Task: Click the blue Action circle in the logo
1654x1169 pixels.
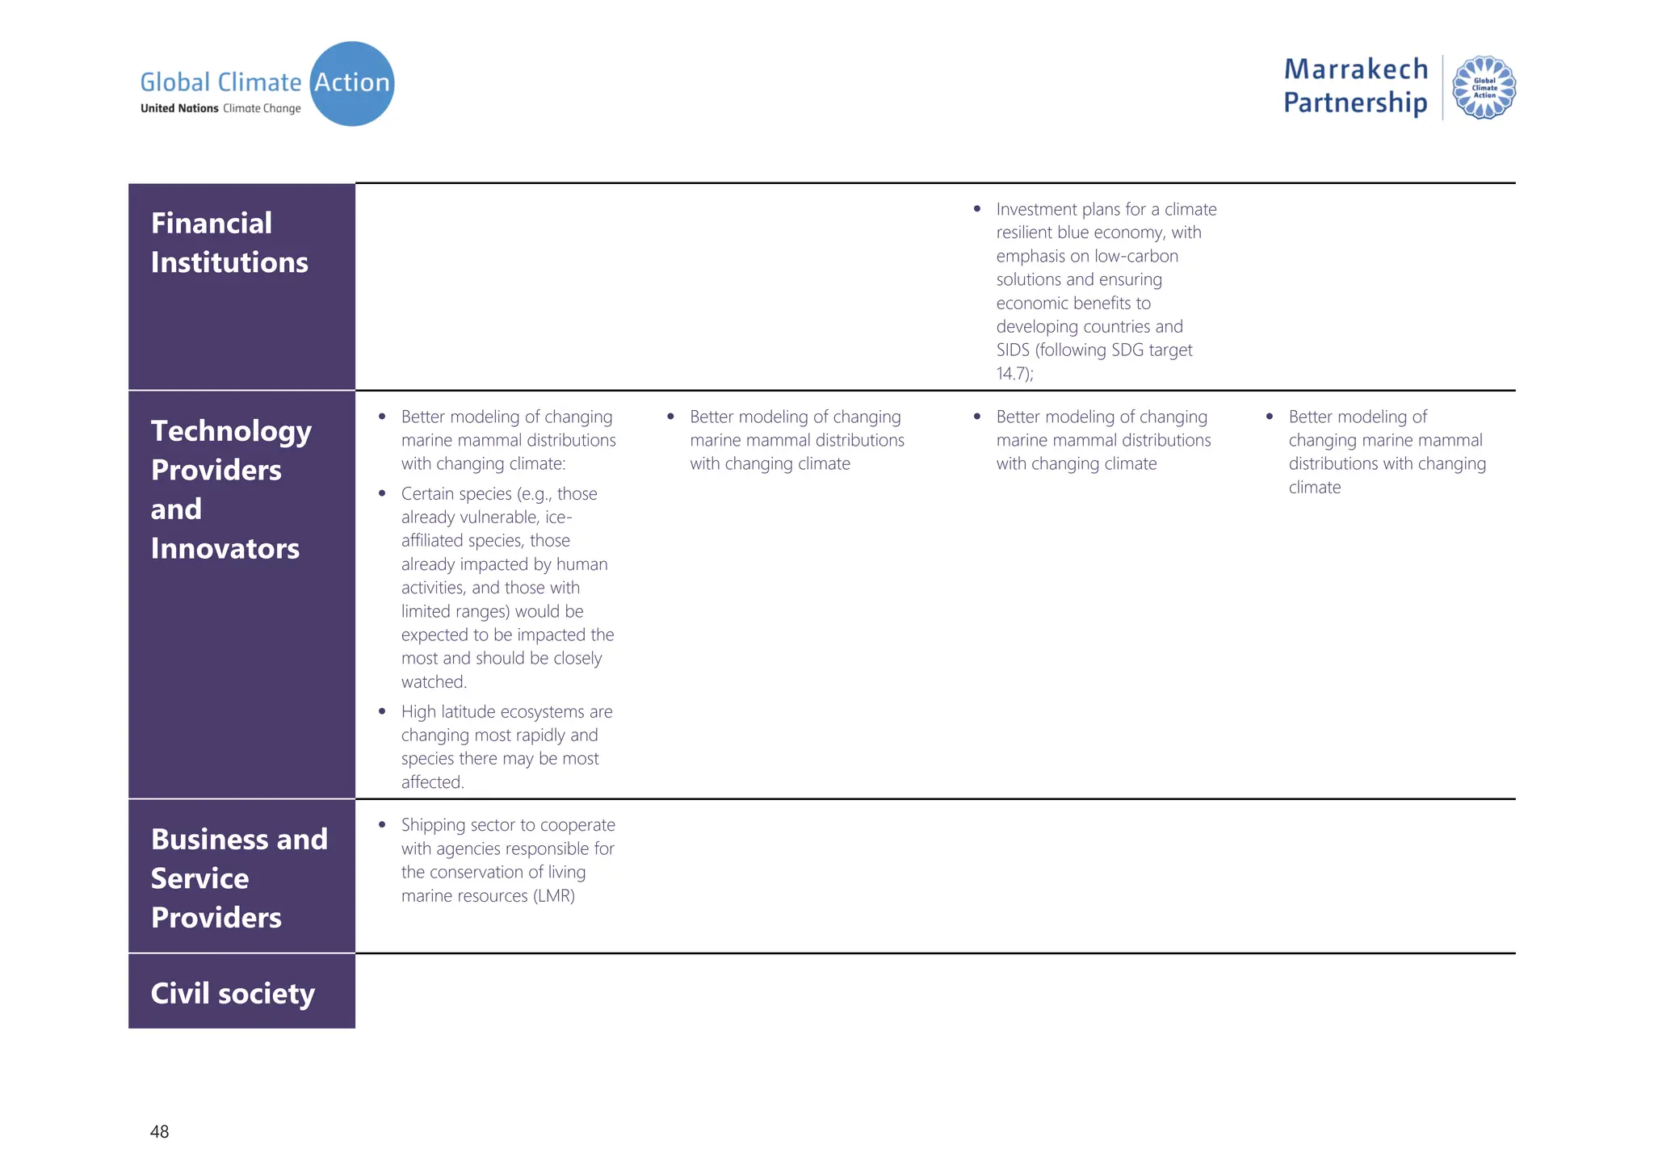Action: click(x=352, y=84)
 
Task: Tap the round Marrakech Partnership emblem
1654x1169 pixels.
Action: click(x=1484, y=87)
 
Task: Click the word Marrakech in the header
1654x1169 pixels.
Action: click(x=1355, y=69)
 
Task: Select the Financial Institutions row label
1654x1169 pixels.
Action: click(x=229, y=242)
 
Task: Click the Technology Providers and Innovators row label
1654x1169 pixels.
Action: click(x=231, y=489)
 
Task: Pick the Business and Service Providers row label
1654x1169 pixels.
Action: click(x=239, y=878)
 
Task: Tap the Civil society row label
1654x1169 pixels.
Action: click(x=233, y=993)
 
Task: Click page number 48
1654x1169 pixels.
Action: click(x=159, y=1132)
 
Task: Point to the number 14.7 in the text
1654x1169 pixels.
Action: click(x=1011, y=374)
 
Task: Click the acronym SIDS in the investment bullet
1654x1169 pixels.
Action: click(x=1012, y=350)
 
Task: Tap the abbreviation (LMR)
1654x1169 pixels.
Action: click(x=554, y=896)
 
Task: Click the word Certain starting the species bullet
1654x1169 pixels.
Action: click(x=427, y=494)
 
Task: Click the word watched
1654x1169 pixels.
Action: click(x=434, y=682)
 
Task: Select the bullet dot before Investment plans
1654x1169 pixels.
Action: click(x=977, y=209)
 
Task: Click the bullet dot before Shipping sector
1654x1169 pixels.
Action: click(x=382, y=825)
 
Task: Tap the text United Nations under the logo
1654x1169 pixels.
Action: click(x=179, y=108)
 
